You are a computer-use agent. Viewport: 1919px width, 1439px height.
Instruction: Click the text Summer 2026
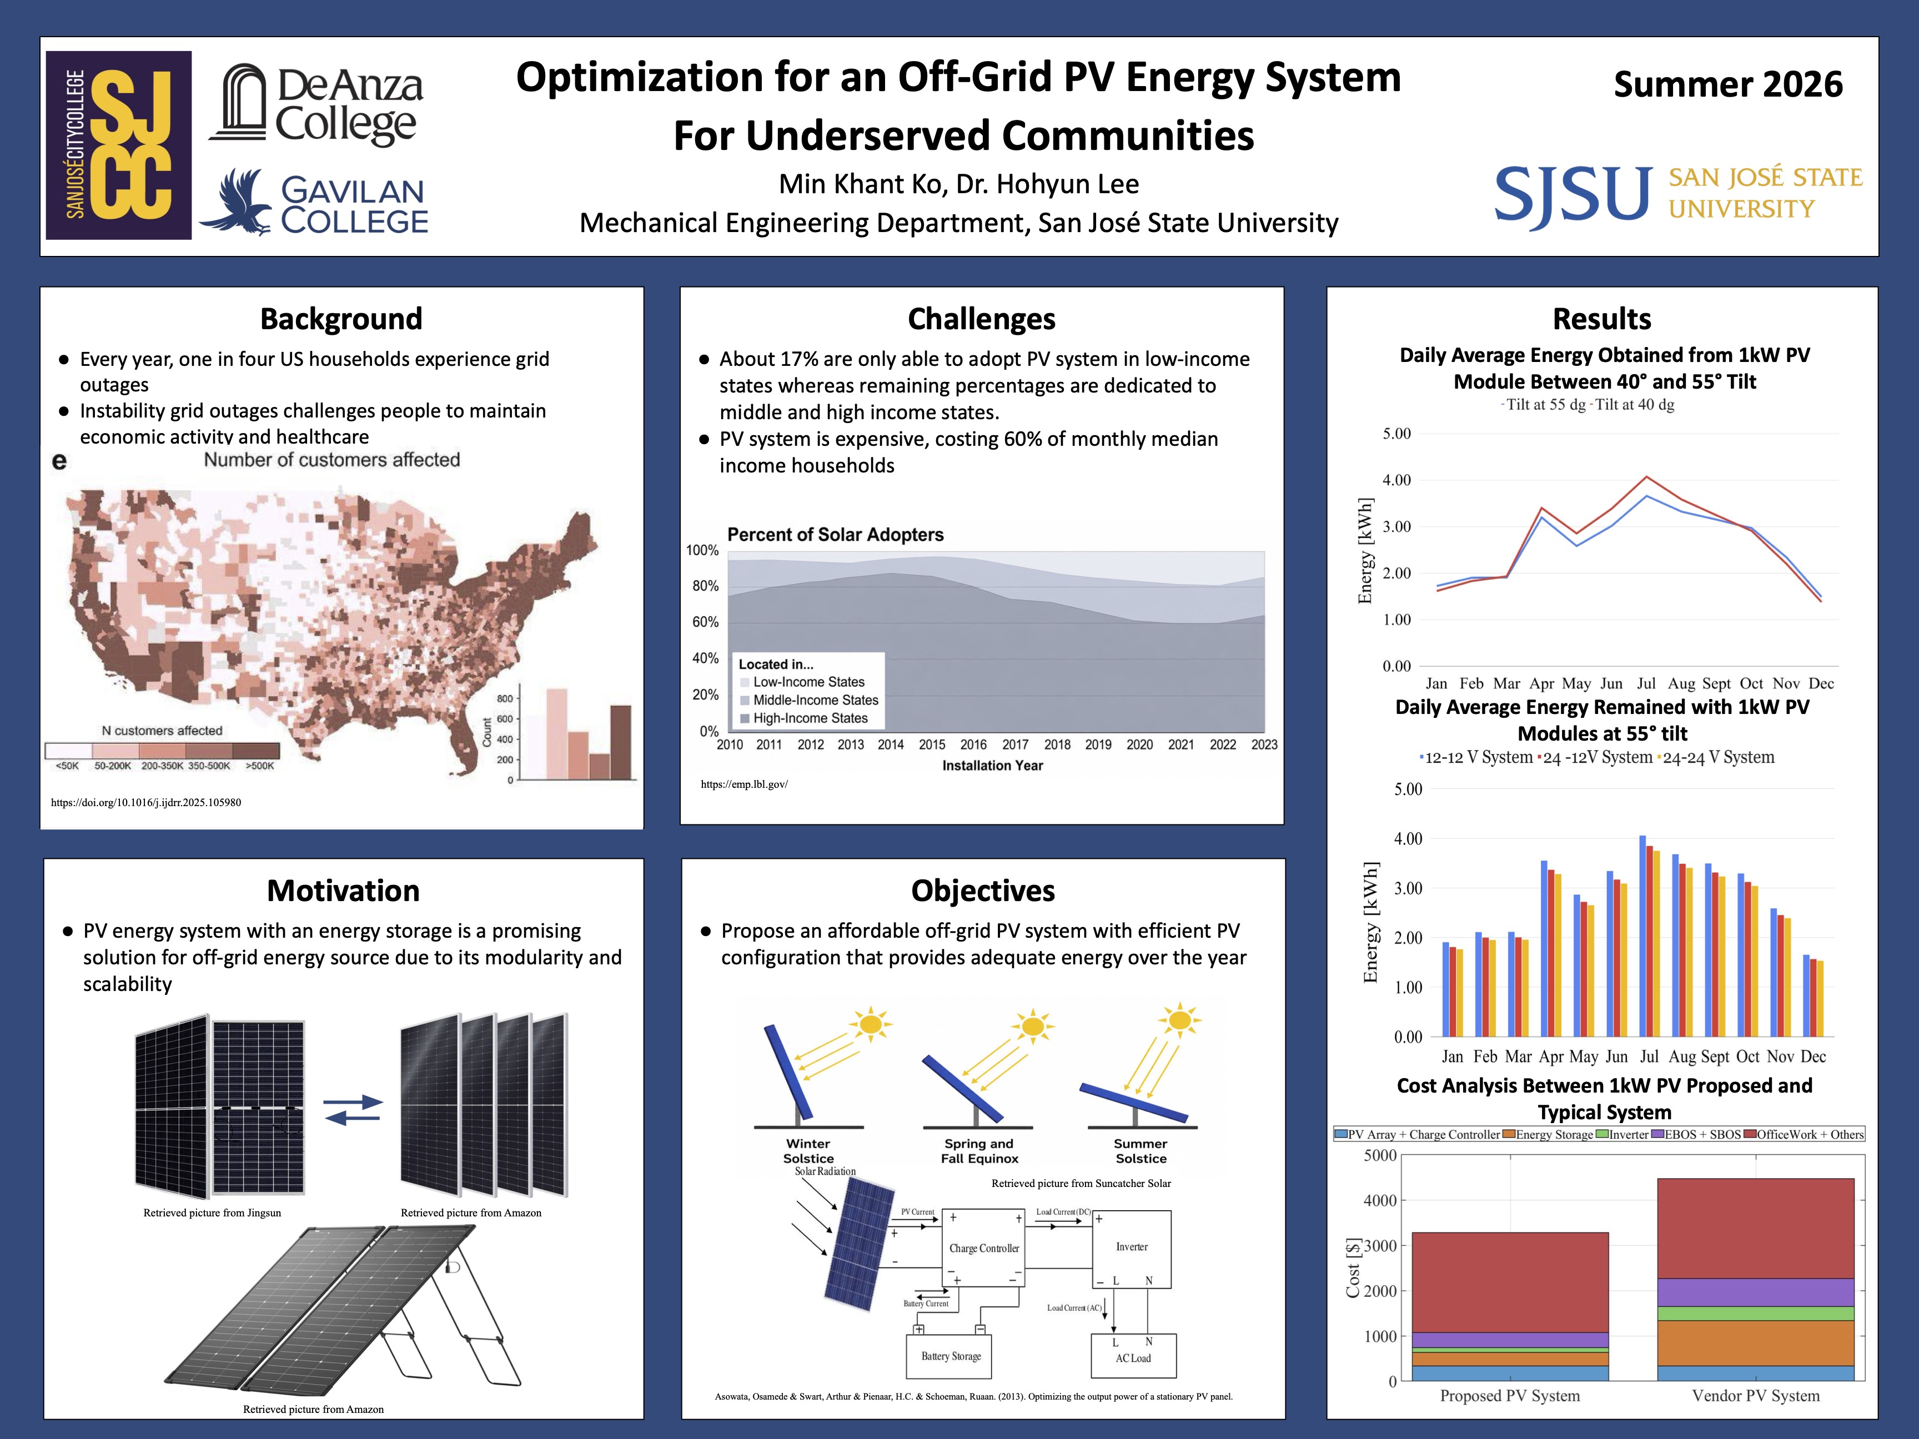coord(1728,85)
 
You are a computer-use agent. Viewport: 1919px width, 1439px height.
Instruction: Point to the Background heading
coord(341,319)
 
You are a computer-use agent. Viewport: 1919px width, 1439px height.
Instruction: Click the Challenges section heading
coord(981,319)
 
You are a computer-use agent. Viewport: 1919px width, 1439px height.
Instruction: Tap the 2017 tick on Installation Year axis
coord(1015,744)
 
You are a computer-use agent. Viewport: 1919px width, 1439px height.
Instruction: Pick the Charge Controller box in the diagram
coord(984,1248)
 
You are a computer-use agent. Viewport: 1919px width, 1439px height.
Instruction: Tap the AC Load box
coord(1133,1356)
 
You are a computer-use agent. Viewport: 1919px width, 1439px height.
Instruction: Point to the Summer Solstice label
coord(1141,1151)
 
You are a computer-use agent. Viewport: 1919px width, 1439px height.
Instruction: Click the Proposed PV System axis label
coord(1510,1396)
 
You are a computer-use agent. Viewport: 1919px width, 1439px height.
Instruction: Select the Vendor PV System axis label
coord(1756,1396)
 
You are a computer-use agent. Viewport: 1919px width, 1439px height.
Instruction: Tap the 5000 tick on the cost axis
coord(1380,1155)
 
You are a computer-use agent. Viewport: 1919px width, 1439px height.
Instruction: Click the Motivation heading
coord(344,891)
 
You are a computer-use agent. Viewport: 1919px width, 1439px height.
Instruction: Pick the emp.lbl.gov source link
coord(745,784)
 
